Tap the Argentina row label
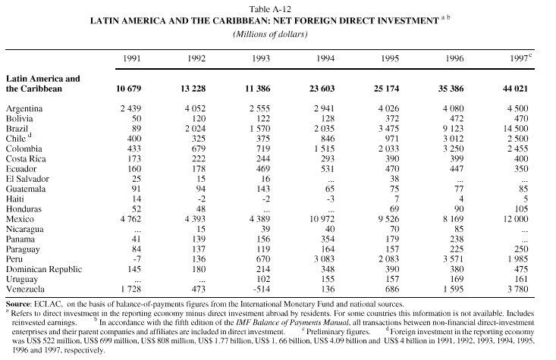pyautogui.click(x=25, y=108)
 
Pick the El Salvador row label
pyautogui.click(x=27, y=179)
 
